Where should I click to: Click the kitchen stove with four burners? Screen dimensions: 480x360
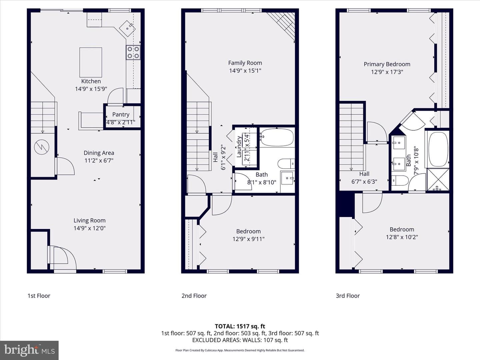click(x=133, y=52)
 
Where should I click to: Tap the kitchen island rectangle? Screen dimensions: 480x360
click(x=91, y=62)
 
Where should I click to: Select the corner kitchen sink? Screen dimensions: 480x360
click(x=127, y=28)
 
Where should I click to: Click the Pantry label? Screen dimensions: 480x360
click(x=121, y=114)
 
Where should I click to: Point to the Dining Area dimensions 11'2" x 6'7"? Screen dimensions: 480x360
click(x=99, y=161)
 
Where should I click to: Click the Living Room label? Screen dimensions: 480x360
click(x=89, y=220)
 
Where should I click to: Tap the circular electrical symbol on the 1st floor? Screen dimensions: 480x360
click(x=42, y=147)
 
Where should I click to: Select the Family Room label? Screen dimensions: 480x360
click(x=245, y=63)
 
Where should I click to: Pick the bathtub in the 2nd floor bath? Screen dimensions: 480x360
click(x=277, y=137)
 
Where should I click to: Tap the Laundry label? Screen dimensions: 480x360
click(x=239, y=146)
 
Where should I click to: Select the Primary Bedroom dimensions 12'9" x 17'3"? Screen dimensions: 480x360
click(x=387, y=72)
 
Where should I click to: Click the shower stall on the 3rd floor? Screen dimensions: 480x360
click(x=438, y=179)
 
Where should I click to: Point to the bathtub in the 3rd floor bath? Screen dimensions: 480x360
click(x=438, y=149)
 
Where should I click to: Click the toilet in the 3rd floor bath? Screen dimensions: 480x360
click(x=400, y=181)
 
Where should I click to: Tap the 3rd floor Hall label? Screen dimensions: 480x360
click(x=364, y=174)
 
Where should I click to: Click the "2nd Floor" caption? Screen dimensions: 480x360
click(x=194, y=296)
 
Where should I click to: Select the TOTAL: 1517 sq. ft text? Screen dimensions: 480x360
click(x=240, y=326)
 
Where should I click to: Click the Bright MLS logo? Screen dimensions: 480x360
click(x=29, y=350)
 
